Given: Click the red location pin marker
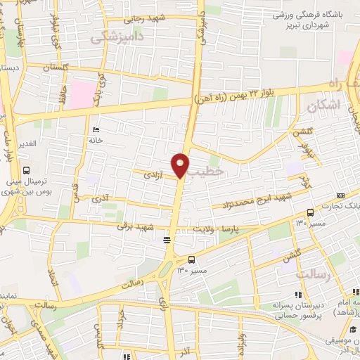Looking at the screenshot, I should pyautogui.click(x=181, y=164).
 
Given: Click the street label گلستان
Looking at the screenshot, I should pyautogui.click(x=58, y=67).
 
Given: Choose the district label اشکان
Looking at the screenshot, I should pyautogui.click(x=323, y=105).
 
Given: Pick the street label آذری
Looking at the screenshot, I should pyautogui.click(x=101, y=200).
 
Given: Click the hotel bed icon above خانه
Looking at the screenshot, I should pyautogui.click(x=96, y=129).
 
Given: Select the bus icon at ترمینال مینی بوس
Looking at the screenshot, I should pyautogui.click(x=27, y=171).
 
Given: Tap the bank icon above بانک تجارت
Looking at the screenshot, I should pyautogui.click(x=341, y=195).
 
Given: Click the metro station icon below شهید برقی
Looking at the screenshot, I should pyautogui.click(x=167, y=240).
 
